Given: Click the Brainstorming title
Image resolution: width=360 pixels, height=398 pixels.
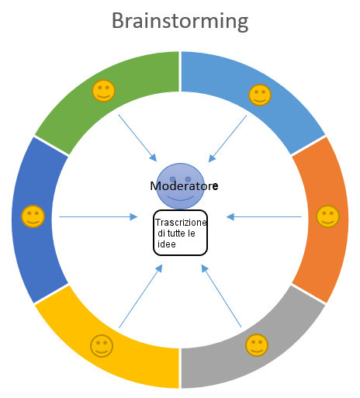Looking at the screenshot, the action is point(180,22).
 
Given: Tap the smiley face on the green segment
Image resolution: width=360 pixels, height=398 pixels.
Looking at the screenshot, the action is point(103,91).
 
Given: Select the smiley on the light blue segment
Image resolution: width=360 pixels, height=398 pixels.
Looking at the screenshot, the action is point(260,95).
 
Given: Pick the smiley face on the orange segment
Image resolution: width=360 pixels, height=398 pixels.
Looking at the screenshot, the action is point(327,216).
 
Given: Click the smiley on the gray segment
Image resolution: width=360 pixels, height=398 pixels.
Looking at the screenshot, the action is point(257,345).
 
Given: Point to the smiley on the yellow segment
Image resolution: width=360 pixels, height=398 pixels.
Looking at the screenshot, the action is point(102,346).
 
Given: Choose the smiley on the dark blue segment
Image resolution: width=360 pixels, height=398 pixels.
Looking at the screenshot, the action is point(33,216).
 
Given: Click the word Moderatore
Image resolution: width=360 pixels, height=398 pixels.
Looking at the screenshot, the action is point(184,186).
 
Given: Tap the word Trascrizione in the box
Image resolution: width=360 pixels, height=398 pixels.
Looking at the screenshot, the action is point(181,222).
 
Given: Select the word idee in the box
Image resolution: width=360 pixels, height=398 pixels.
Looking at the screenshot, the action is point(167,244).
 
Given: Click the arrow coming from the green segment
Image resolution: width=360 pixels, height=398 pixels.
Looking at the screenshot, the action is point(137,138).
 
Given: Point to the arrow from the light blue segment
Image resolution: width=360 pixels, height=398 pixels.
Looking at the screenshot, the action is point(227,139).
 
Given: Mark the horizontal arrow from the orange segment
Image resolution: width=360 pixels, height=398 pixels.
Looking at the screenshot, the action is point(264,216).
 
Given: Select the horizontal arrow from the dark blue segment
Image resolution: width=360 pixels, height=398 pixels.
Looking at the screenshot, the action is point(99,216).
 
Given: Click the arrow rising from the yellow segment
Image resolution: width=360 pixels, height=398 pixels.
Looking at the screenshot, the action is point(140,296).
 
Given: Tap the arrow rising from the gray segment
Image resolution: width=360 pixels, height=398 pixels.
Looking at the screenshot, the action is point(221,296).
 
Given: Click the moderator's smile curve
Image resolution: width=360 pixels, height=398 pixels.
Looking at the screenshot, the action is point(181,199).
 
